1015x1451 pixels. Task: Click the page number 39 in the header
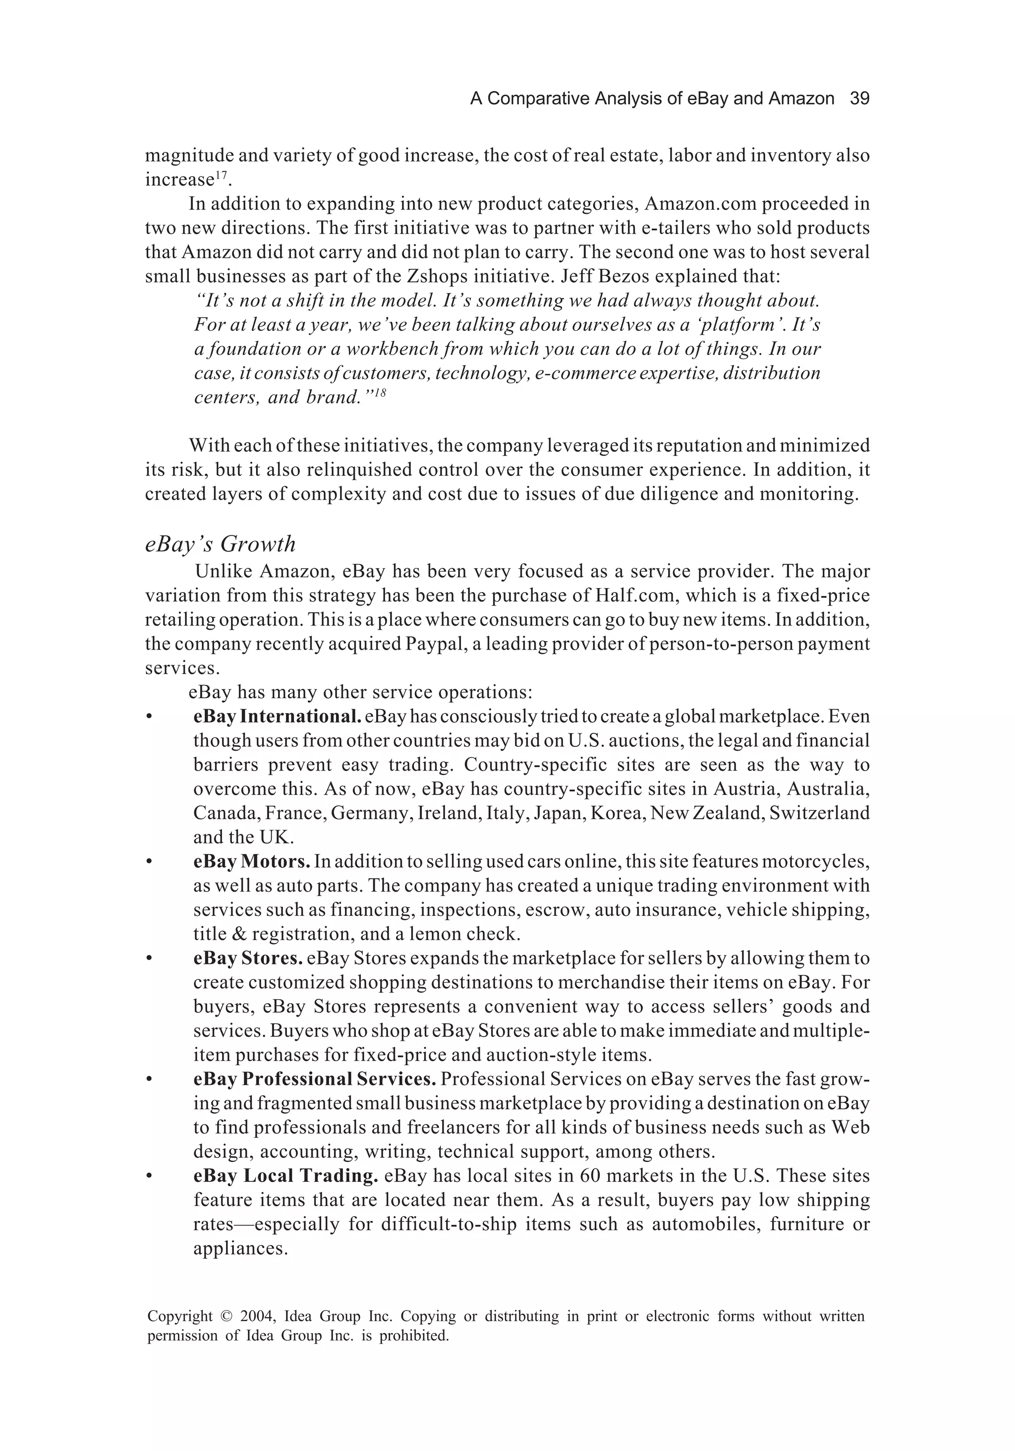(859, 99)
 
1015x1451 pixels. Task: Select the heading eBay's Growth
(221, 544)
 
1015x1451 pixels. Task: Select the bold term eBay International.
(277, 717)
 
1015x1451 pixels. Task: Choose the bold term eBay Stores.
(248, 958)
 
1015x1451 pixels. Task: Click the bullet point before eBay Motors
(149, 862)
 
